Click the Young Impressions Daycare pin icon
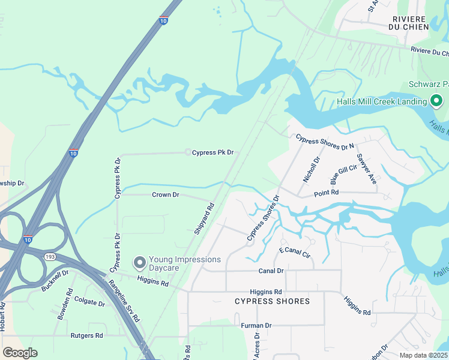(x=140, y=263)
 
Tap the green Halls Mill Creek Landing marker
(x=436, y=101)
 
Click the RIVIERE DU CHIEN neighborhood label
(x=410, y=23)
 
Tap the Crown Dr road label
(x=166, y=194)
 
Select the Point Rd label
(x=327, y=193)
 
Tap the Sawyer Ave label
(x=366, y=169)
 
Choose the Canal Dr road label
(x=271, y=271)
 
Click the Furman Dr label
(x=256, y=326)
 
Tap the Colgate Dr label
(x=89, y=301)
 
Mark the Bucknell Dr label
(x=55, y=280)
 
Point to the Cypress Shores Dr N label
(x=325, y=142)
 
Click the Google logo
(x=20, y=352)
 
